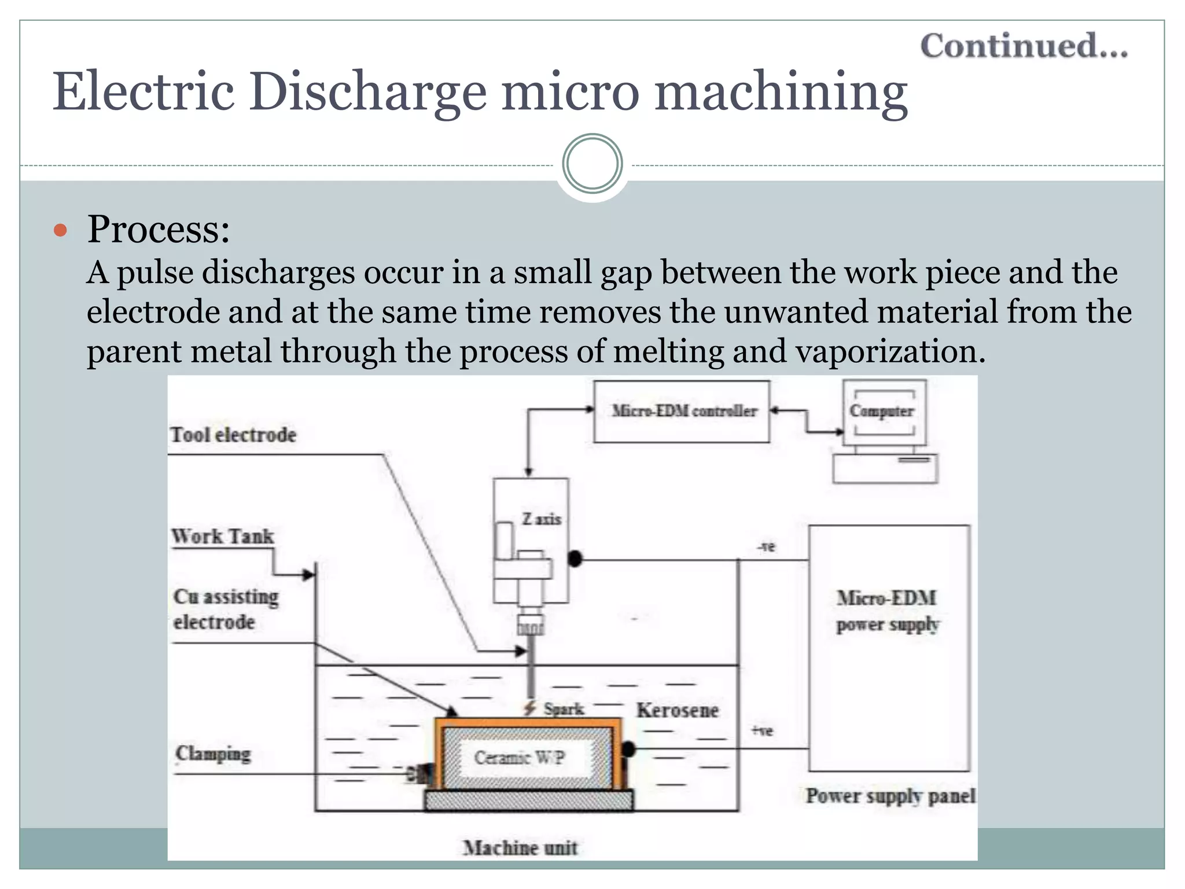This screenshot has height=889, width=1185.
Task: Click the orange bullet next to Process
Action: point(60,231)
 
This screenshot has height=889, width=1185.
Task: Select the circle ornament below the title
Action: point(592,164)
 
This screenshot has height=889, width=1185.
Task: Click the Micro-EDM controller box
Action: point(683,412)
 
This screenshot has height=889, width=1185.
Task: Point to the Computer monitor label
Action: point(882,411)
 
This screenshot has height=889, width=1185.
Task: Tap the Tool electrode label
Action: point(233,435)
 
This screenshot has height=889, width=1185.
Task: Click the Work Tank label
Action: point(223,537)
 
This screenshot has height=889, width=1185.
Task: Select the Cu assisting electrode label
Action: point(226,609)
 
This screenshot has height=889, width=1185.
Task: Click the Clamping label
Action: point(214,754)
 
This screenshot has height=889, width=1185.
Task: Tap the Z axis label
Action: point(542,519)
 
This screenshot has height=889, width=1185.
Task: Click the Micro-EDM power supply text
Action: point(888,611)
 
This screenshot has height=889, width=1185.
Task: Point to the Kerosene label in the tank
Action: point(678,710)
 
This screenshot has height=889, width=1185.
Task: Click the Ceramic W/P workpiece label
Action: point(519,758)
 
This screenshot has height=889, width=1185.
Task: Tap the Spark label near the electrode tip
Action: point(563,709)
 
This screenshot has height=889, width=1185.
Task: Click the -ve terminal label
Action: point(766,546)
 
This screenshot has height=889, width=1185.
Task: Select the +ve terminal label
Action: point(763,731)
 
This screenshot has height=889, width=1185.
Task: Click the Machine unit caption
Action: point(520,848)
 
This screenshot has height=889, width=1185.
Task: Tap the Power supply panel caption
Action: point(890,796)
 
